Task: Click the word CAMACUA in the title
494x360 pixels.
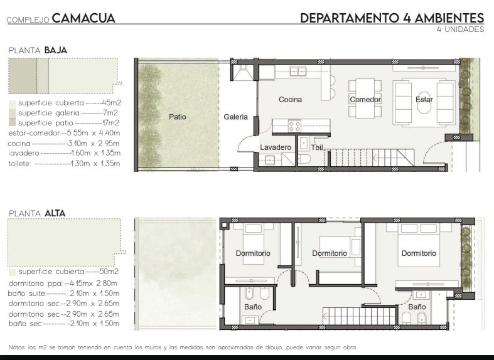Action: (x=83, y=18)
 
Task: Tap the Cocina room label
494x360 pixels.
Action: (x=290, y=100)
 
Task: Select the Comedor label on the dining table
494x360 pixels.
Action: (x=365, y=100)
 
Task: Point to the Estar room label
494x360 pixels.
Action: (x=424, y=100)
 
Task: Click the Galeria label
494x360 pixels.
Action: (x=235, y=117)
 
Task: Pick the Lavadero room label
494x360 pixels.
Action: (x=276, y=147)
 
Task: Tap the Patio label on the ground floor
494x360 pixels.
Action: (x=178, y=117)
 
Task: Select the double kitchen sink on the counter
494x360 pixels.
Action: (x=298, y=71)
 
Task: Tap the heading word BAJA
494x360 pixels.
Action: (x=56, y=50)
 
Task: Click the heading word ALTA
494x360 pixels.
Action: (x=55, y=213)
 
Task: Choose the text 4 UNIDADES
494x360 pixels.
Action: (x=460, y=29)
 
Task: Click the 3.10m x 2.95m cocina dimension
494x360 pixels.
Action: (x=94, y=144)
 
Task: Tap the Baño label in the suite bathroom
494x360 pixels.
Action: (x=417, y=307)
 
